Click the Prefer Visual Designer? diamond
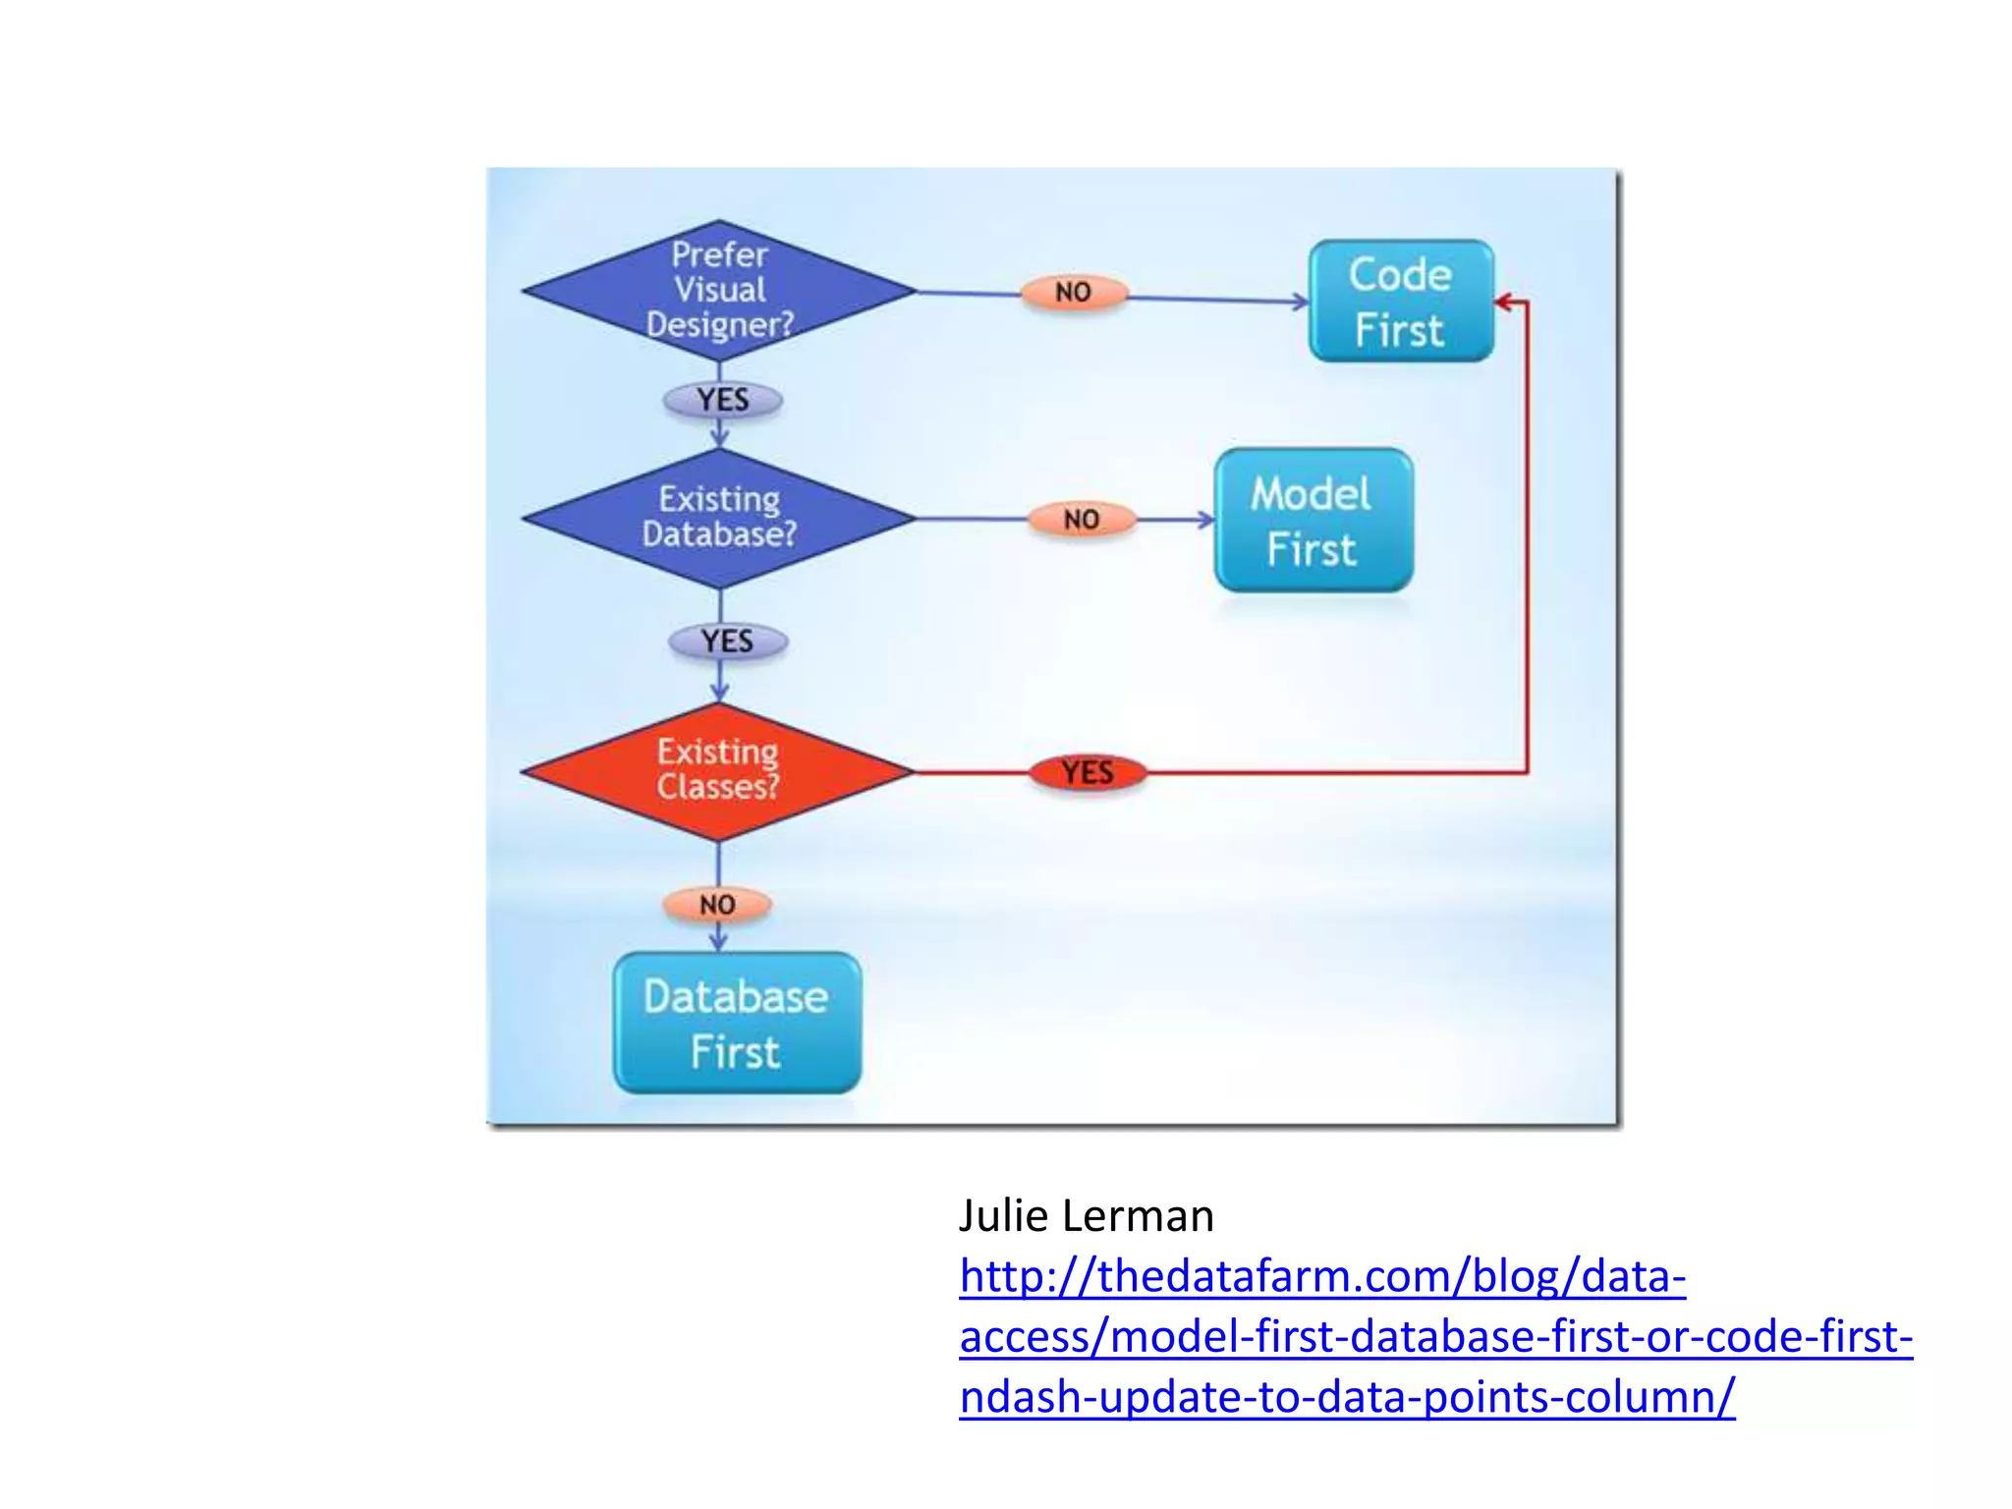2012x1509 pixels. click(x=719, y=291)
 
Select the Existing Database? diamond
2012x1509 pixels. click(x=719, y=518)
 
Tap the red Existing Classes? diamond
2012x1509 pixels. click(x=718, y=771)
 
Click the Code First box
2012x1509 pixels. click(x=1401, y=302)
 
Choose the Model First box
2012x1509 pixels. click(x=1313, y=521)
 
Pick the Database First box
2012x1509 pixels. click(x=737, y=1023)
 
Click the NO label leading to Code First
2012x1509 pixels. click(x=1073, y=292)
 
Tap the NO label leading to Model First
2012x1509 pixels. click(x=1081, y=519)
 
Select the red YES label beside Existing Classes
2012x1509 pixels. click(x=1088, y=772)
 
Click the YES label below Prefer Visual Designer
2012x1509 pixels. click(x=723, y=400)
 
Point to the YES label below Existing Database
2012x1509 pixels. click(x=727, y=642)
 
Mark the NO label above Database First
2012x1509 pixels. click(x=717, y=904)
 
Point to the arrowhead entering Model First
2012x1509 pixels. click(x=1206, y=520)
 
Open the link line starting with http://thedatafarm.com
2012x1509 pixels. click(x=1322, y=1276)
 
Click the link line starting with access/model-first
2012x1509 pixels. click(x=1435, y=1336)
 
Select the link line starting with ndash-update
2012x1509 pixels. click(x=1347, y=1396)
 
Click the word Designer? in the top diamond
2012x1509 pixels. click(x=720, y=324)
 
